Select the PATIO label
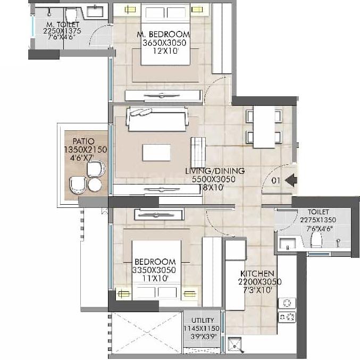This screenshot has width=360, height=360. pyautogui.click(x=84, y=141)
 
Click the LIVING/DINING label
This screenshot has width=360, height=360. pyautogui.click(x=214, y=171)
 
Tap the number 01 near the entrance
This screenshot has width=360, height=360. pyautogui.click(x=275, y=181)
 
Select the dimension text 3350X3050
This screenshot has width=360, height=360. pyautogui.click(x=155, y=270)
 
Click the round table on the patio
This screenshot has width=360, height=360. pyautogui.click(x=95, y=185)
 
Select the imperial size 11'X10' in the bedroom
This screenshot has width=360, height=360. pyautogui.click(x=155, y=278)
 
